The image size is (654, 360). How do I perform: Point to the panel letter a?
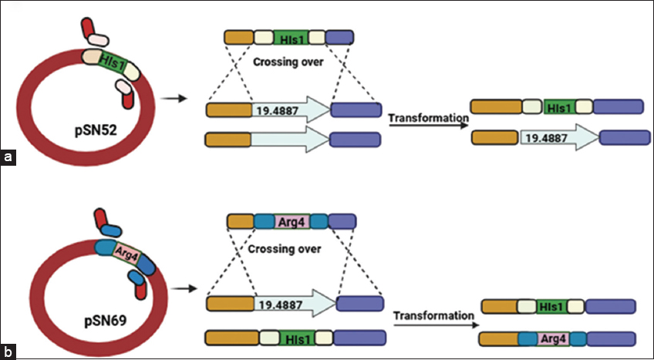(8, 158)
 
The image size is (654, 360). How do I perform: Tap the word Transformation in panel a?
(429, 118)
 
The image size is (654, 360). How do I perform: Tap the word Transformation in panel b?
(432, 316)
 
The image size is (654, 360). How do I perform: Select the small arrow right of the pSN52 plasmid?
(177, 99)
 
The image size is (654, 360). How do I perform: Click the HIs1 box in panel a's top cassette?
(290, 37)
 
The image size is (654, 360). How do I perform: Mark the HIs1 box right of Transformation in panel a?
(557, 106)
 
